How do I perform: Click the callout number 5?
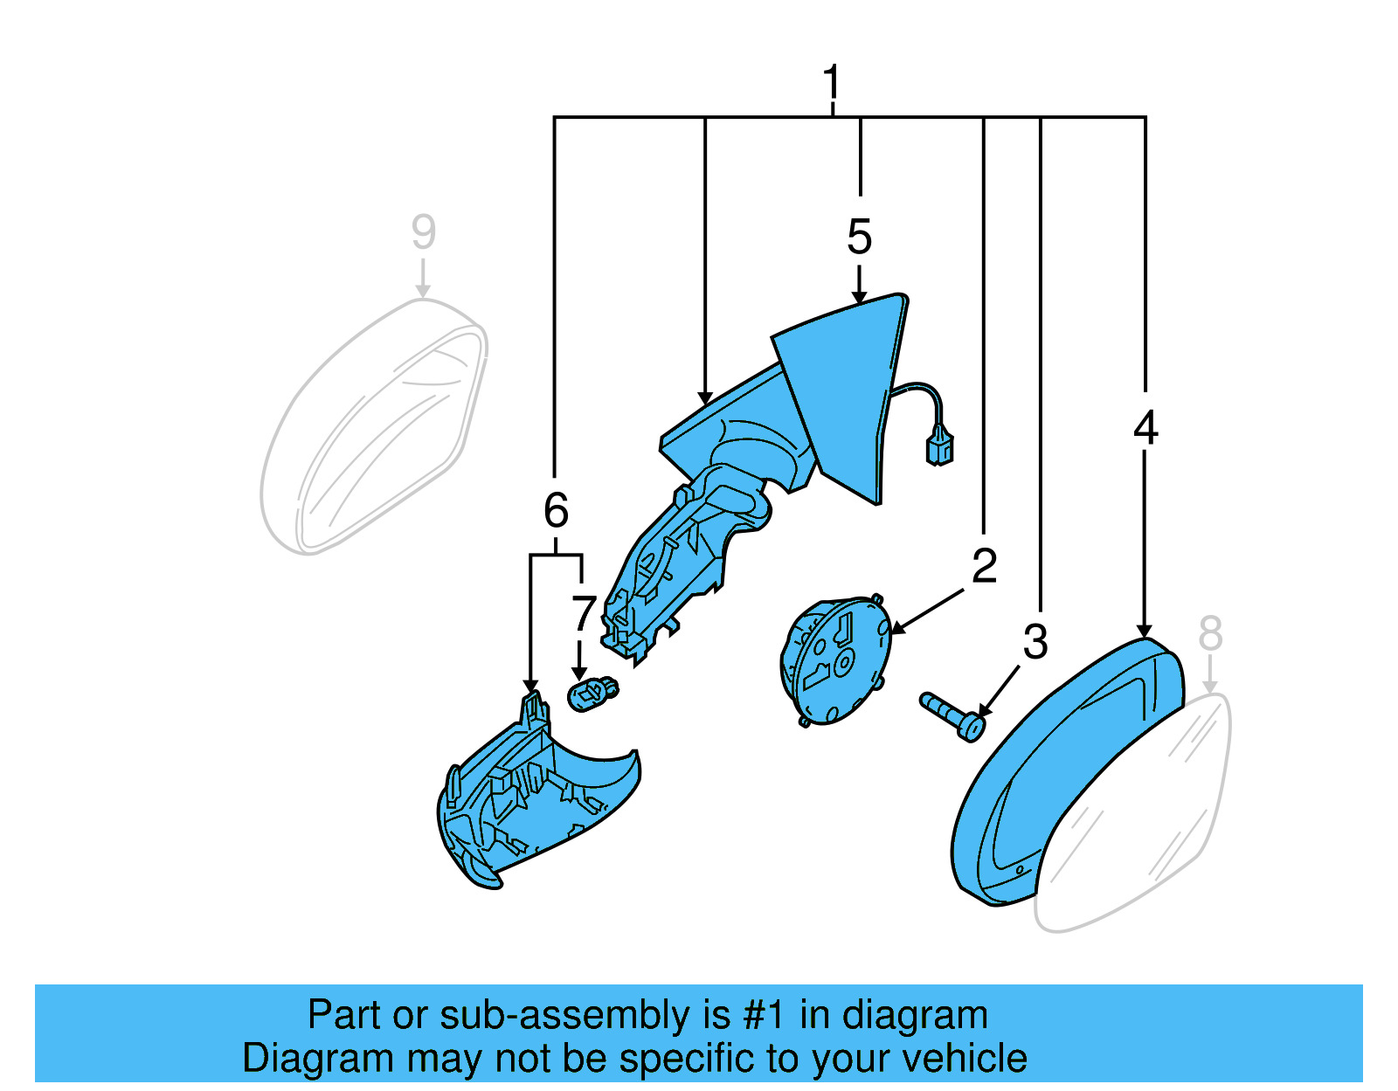coord(859,237)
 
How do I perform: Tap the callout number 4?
coord(1145,428)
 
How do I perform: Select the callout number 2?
coord(984,566)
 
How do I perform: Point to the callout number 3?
coord(1035,643)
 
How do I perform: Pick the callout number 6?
coord(556,510)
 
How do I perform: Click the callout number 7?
coord(583,613)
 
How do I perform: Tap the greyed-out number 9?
coord(423,232)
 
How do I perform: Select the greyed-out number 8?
coord(1209,633)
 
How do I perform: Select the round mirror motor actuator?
coord(834,659)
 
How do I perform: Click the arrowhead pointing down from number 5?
coord(859,297)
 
